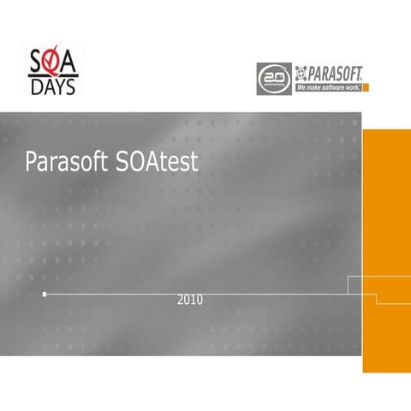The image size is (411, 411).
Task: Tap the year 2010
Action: (190, 301)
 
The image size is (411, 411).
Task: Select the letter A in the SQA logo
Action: (71, 63)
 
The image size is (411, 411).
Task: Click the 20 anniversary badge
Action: (273, 79)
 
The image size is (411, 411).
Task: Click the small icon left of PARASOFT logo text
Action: (301, 73)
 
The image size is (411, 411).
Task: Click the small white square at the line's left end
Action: (45, 295)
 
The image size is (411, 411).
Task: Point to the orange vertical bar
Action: (386, 248)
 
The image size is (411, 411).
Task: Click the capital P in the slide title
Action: (31, 163)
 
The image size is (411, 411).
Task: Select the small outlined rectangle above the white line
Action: (361, 285)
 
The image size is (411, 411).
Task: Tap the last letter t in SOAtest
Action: (194, 163)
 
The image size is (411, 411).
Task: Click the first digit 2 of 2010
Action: (181, 301)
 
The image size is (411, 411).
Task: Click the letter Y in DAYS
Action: (61, 86)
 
